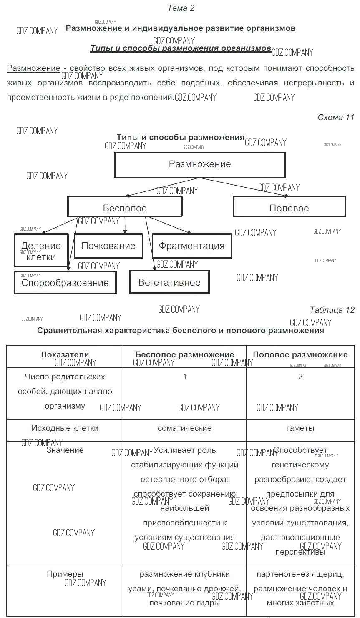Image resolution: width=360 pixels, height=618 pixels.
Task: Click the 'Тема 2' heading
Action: pyautogui.click(x=181, y=8)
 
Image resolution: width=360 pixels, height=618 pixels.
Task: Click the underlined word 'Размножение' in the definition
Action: pyautogui.click(x=33, y=68)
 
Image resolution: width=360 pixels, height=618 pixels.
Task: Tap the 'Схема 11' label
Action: pyautogui.click(x=336, y=117)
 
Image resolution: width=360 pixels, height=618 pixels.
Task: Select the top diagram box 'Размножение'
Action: pyautogui.click(x=200, y=164)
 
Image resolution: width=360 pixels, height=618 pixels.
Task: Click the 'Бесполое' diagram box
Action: pyautogui.click(x=125, y=207)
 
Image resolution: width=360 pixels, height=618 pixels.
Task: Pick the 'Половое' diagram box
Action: pyautogui.click(x=289, y=207)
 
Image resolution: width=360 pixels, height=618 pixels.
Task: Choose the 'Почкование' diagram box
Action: pyautogui.click(x=108, y=246)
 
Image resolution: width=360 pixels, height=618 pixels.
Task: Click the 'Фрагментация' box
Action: pyautogui.click(x=191, y=246)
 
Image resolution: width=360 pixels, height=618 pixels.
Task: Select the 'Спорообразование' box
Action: pyautogui.click(x=65, y=283)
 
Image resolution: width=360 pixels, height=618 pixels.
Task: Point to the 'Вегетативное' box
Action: pyautogui.click(x=169, y=282)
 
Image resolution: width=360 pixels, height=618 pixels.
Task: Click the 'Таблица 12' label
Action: pyautogui.click(x=332, y=310)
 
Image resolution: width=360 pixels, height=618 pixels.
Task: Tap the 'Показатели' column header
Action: pyautogui.click(x=65, y=355)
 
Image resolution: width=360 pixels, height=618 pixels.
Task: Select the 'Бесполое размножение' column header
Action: pyautogui.click(x=185, y=355)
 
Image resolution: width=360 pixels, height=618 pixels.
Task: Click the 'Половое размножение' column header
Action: pyautogui.click(x=300, y=355)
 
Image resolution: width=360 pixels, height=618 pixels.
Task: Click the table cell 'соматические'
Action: pyautogui.click(x=185, y=428)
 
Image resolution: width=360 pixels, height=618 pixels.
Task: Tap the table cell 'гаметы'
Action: pyautogui.click(x=300, y=428)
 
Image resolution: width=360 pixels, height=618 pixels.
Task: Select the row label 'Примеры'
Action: pyautogui.click(x=65, y=574)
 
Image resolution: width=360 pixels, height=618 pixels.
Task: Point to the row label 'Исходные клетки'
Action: pyautogui.click(x=65, y=428)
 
